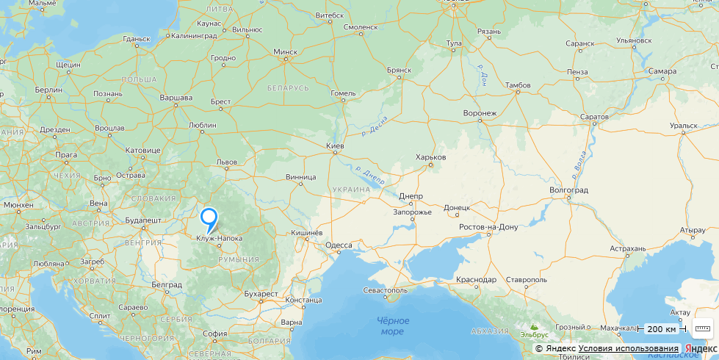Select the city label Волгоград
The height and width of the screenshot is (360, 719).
coord(569,190)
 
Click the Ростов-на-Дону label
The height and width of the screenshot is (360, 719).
coord(488,227)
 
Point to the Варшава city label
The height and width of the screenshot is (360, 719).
coord(176,98)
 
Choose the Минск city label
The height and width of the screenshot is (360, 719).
coord(285,52)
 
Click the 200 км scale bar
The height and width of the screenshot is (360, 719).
coord(661,328)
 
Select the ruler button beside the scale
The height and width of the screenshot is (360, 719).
coord(703,328)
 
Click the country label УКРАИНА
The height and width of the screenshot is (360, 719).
coord(351,189)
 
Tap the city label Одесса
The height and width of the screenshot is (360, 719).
coord(339,245)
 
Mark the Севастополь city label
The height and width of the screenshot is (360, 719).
coord(385,290)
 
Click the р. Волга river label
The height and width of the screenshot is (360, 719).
coord(579,169)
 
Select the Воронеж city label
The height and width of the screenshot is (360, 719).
coord(480,113)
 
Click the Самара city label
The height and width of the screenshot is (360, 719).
coord(662,71)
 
